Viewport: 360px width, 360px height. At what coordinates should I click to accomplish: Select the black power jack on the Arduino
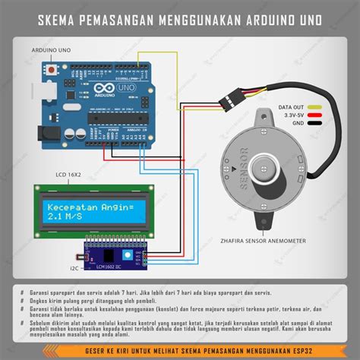[47, 135]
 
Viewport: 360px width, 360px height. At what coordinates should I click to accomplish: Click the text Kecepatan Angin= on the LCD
[89, 207]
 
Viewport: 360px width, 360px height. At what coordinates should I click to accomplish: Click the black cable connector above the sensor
[228, 99]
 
